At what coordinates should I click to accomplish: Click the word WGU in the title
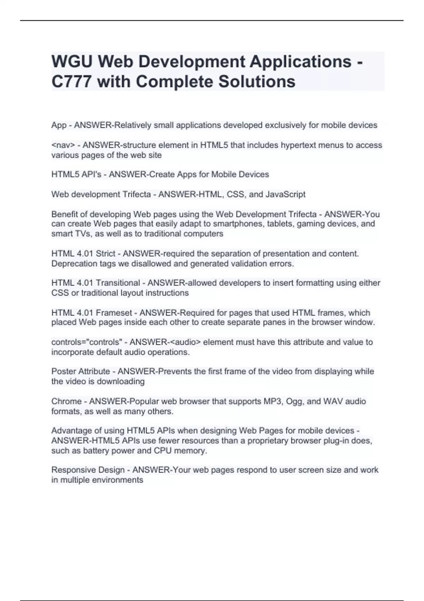click(x=72, y=62)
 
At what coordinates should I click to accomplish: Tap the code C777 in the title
click(x=72, y=82)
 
